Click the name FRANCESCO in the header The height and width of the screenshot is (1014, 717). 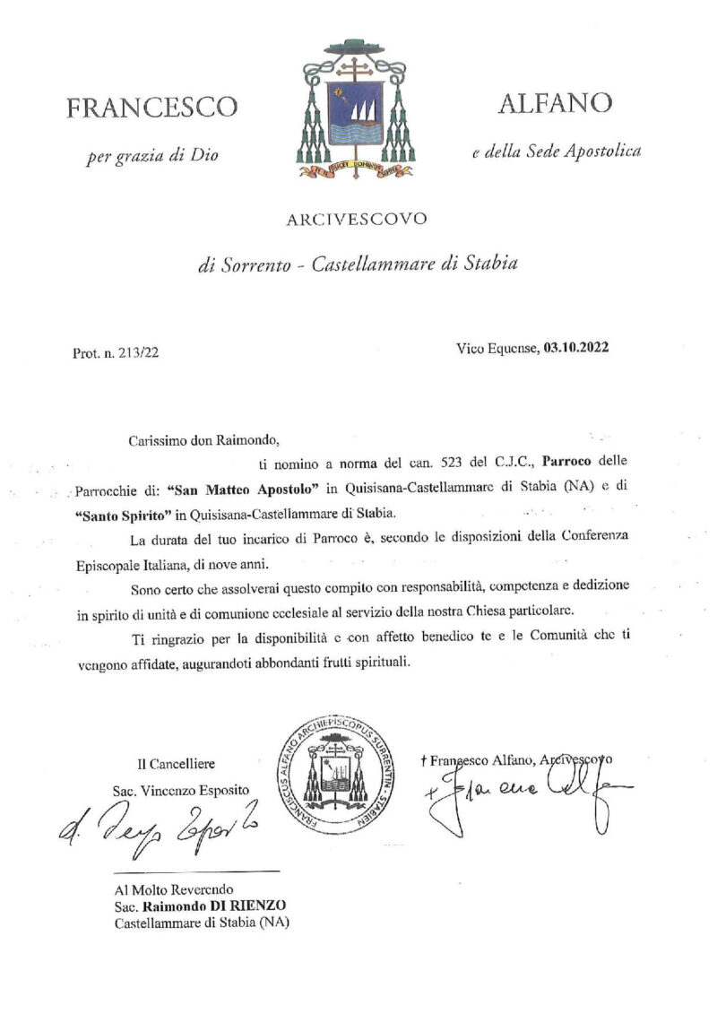[152, 108]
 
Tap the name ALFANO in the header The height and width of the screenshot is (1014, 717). [555, 103]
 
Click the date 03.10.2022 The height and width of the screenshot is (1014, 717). [575, 348]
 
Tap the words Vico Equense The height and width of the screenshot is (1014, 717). [496, 348]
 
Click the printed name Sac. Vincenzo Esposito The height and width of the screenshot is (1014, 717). [182, 791]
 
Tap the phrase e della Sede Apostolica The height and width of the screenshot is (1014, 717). [557, 152]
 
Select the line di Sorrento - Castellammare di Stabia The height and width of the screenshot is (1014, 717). [358, 264]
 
